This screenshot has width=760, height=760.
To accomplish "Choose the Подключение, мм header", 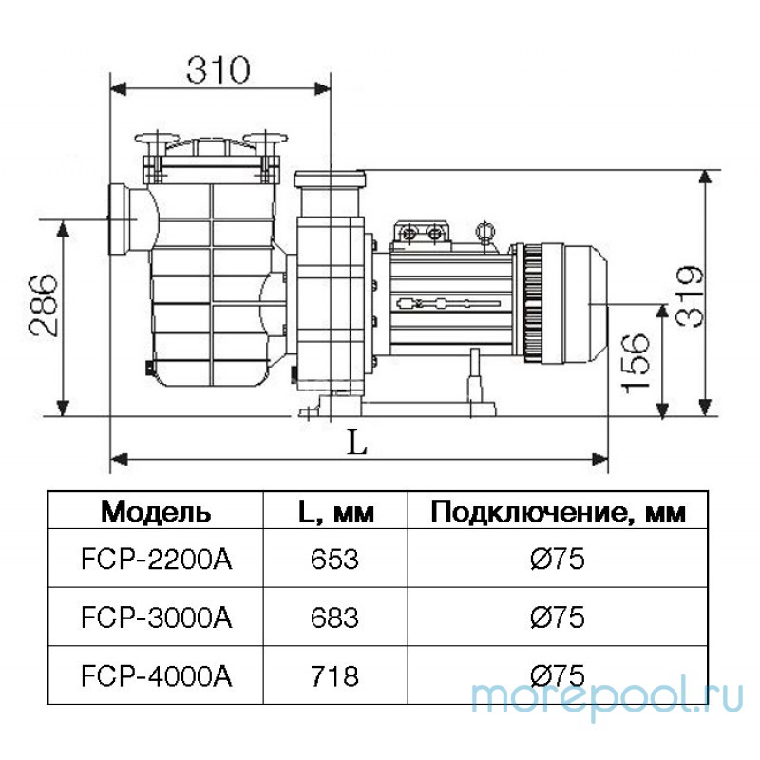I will pos(557,512).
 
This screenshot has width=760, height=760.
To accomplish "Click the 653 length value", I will pos(334,559).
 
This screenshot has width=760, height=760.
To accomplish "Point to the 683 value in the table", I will pos(334,617).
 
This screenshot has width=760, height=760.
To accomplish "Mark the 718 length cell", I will pos(334,675).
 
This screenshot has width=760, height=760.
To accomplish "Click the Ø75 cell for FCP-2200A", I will pos(557,559).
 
